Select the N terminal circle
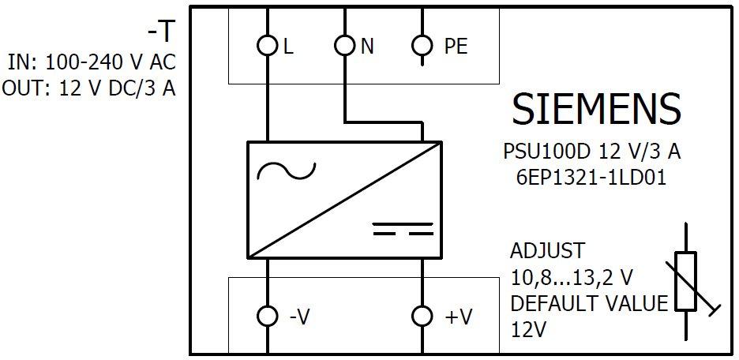(x=345, y=46)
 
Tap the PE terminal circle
(x=423, y=46)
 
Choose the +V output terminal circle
(x=423, y=317)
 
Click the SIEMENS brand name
(x=596, y=109)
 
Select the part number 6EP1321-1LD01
(x=588, y=178)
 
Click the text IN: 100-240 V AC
(x=91, y=62)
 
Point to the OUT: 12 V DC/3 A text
(x=88, y=88)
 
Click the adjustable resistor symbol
(x=686, y=280)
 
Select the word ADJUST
(x=548, y=251)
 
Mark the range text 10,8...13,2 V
(x=572, y=277)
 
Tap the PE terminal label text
(x=456, y=47)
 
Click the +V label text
(x=459, y=317)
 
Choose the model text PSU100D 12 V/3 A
(x=591, y=151)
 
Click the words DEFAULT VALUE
(x=589, y=303)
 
